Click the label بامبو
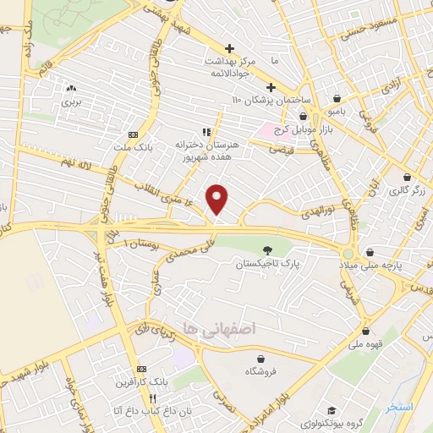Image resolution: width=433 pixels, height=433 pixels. (x=337, y=111)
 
